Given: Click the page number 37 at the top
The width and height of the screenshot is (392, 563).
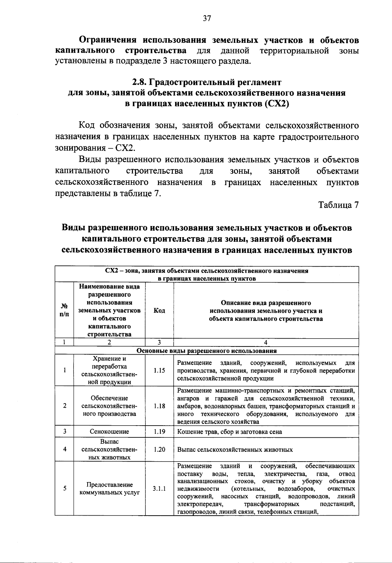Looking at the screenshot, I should point(207,18).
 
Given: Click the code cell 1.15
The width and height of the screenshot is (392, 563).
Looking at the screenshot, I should point(159,370).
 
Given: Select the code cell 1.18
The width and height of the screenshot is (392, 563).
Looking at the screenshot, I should point(159,406).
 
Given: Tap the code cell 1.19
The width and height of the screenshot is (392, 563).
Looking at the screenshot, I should point(159,431).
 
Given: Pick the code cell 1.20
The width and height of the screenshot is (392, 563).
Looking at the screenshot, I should point(159,449).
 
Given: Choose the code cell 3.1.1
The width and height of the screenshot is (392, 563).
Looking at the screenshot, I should point(159,488).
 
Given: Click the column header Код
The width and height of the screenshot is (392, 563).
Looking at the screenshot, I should point(159,310).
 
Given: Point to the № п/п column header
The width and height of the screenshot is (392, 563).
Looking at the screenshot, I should point(65,310).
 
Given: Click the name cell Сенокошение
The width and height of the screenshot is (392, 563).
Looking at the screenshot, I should point(109,431).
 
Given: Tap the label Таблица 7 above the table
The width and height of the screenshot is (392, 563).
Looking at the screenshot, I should point(338,205).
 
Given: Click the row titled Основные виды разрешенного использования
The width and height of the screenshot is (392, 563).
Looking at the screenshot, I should point(206,351).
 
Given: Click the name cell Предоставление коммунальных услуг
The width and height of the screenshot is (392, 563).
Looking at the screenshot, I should point(109,488).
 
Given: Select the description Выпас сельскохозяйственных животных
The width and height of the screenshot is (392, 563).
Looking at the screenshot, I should point(235,449).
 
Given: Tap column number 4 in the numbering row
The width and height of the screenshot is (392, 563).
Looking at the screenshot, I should point(266,342).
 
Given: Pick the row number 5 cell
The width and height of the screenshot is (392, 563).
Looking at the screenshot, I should point(65,488).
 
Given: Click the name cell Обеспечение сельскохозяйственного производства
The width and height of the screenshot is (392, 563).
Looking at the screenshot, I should point(109,406).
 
